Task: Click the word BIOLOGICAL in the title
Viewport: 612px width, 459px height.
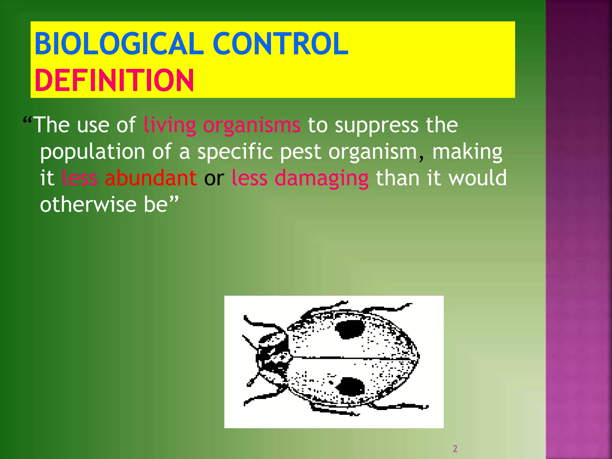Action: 119,44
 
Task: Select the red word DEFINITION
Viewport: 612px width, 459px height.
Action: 114,80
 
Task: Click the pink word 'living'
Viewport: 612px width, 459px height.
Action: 169,125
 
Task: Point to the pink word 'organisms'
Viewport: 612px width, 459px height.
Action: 251,125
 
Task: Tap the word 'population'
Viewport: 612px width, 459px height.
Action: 93,152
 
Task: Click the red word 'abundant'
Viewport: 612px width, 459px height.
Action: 151,178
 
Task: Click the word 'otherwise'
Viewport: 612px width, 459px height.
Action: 88,205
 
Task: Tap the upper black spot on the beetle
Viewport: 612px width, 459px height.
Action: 350,329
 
